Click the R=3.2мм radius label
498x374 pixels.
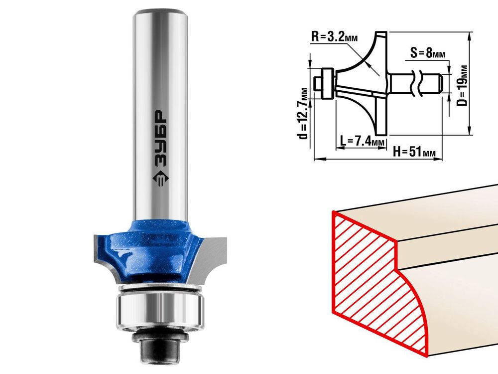(334, 37)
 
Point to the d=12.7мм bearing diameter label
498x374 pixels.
(304, 114)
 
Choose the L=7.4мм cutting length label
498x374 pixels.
(362, 140)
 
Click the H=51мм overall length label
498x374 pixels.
(414, 152)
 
